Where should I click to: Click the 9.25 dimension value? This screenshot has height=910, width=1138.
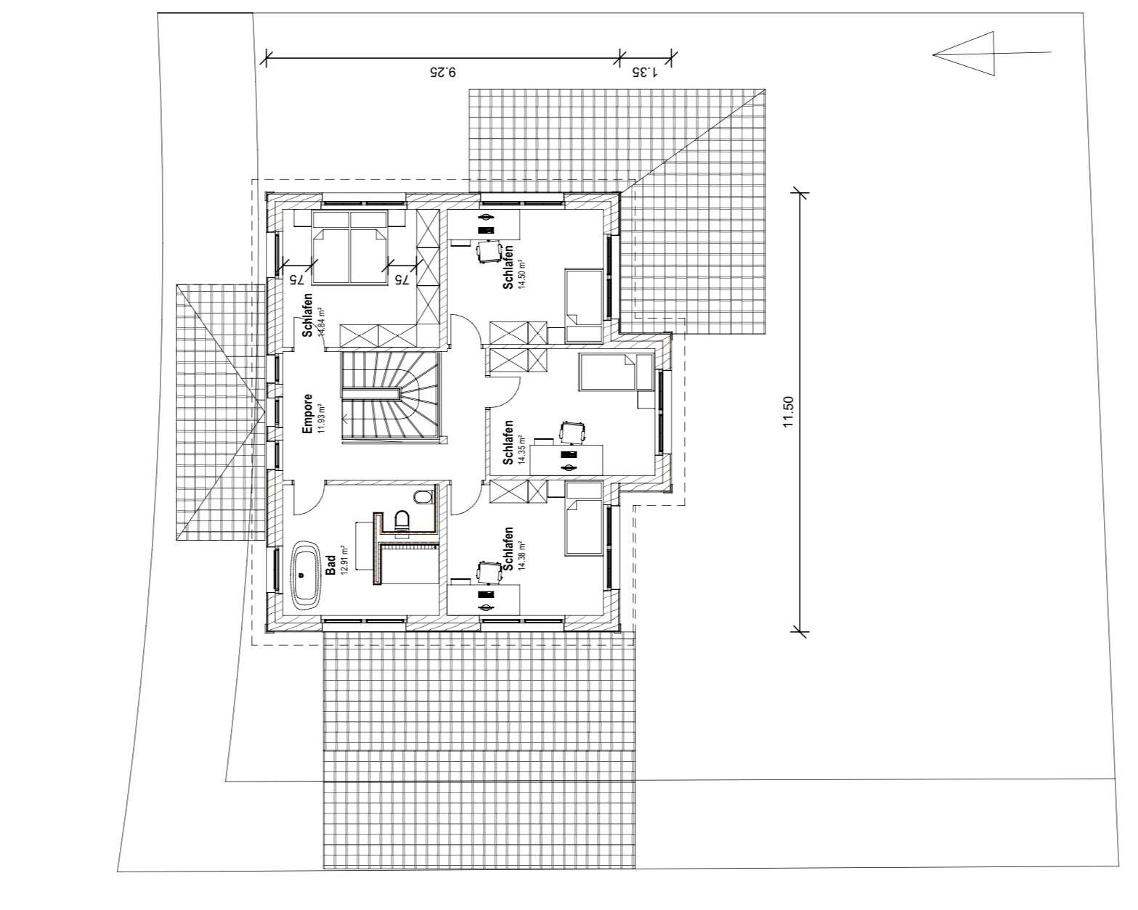[x=442, y=72]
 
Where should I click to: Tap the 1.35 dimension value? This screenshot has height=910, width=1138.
[x=645, y=72]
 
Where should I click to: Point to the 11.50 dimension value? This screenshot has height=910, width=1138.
[x=789, y=411]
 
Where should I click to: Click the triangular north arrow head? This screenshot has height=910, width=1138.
[x=964, y=54]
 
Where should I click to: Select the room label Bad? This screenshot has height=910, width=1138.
[x=331, y=565]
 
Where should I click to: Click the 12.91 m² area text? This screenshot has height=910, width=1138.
[x=344, y=560]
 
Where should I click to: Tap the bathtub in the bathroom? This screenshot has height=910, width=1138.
[x=306, y=576]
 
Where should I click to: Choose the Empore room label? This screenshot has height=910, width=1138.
[x=307, y=414]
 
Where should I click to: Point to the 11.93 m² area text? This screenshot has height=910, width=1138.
[x=320, y=418]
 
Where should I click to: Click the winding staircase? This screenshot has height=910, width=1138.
[x=391, y=395]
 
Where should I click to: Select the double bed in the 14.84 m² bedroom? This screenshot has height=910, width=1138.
[x=349, y=247]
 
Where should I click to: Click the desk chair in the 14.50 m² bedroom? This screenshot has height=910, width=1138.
[x=489, y=252]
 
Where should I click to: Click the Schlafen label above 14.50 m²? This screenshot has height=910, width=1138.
[x=508, y=267]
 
